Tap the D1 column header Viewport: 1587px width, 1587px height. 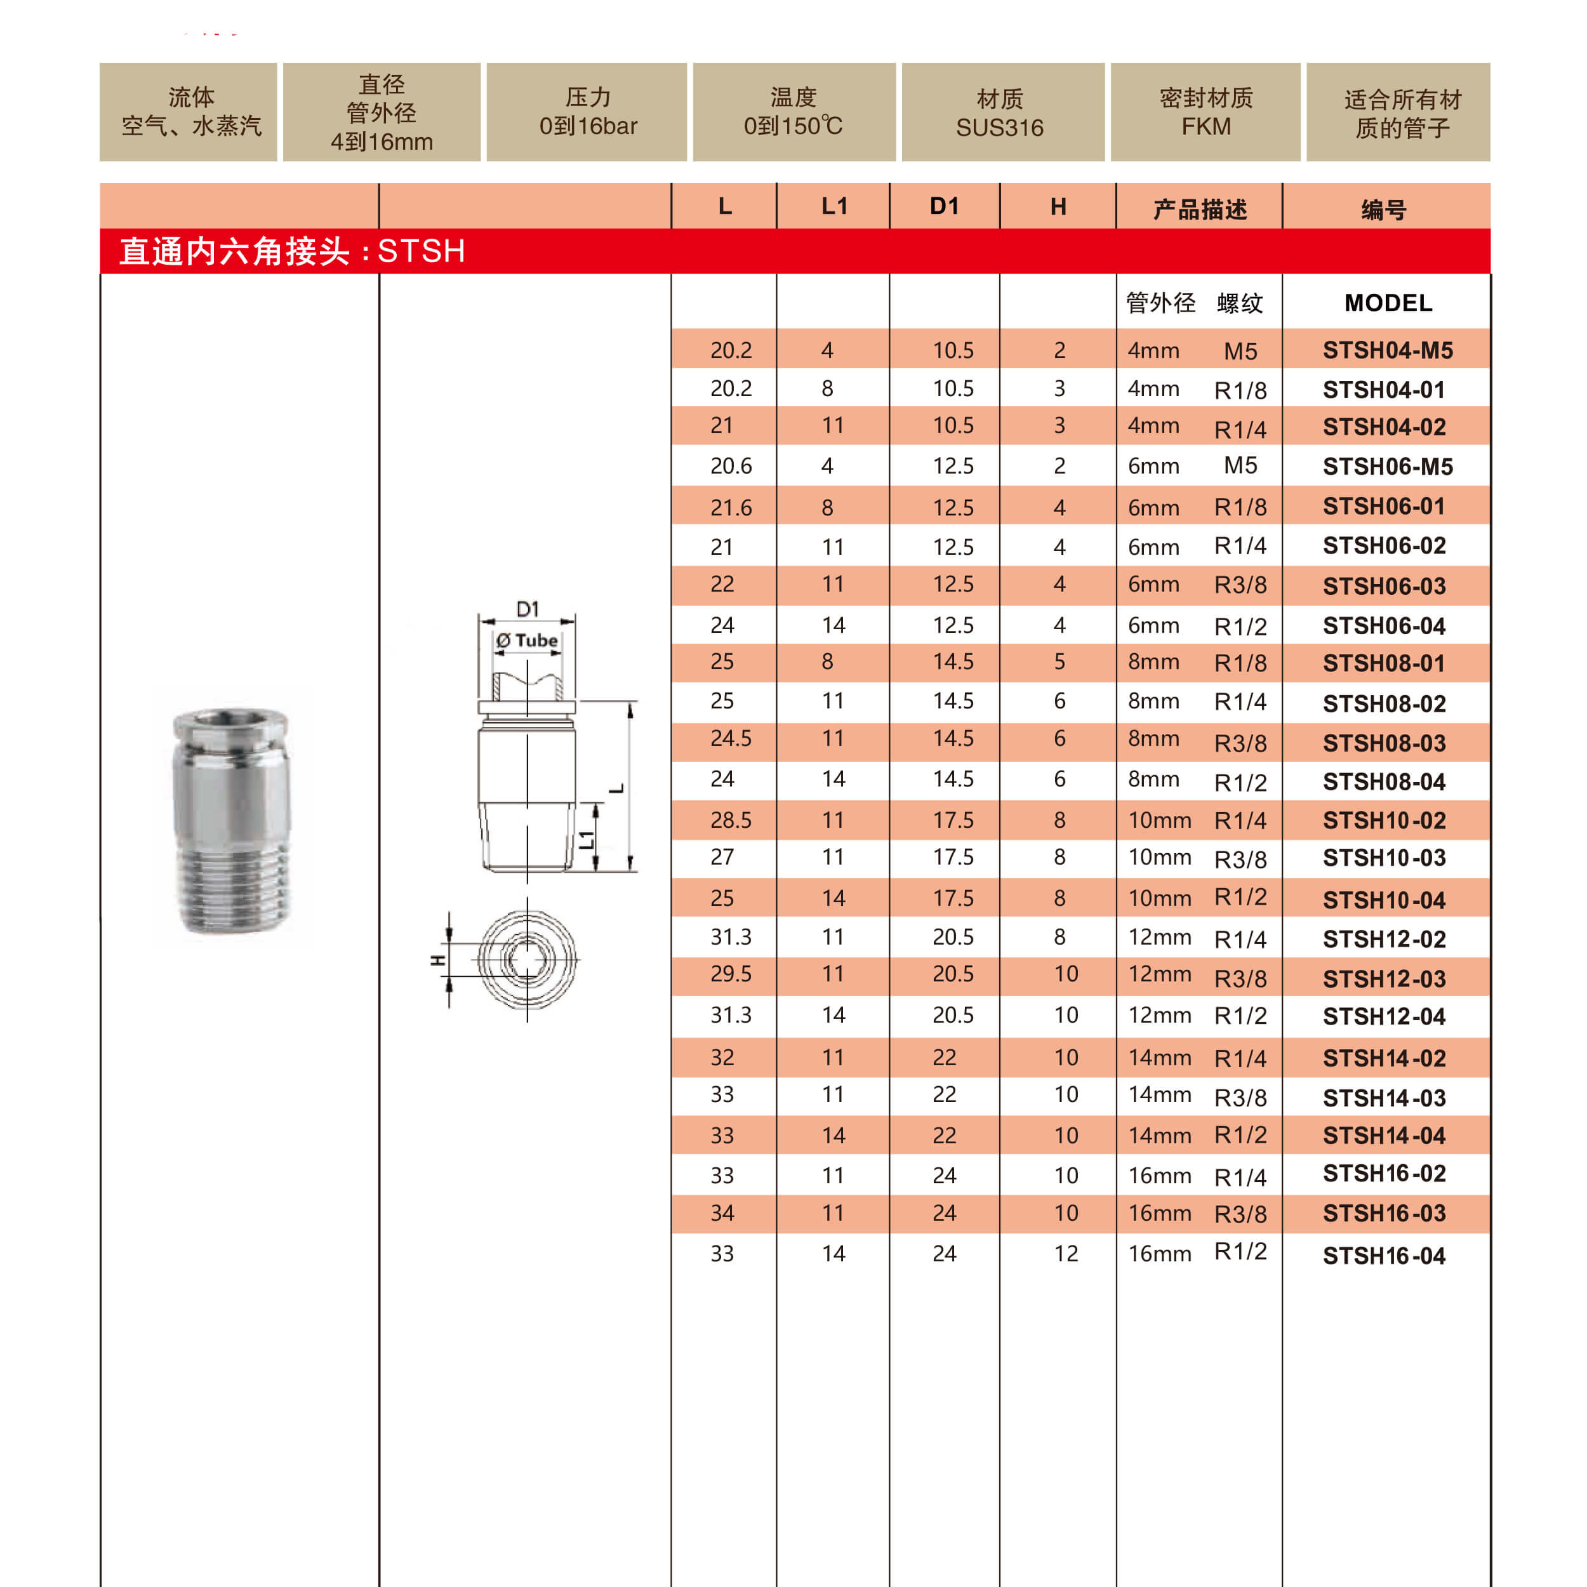coord(944,206)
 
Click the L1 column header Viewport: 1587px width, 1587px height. coord(833,206)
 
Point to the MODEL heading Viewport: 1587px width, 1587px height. coord(1388,303)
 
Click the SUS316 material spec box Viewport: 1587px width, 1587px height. coord(1000,112)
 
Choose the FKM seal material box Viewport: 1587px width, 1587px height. coord(1205,112)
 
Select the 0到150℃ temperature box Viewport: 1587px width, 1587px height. coord(793,112)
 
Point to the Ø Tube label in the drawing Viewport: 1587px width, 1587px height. coord(528,641)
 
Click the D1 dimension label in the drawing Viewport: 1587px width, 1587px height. coord(528,609)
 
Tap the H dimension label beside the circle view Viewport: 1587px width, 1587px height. coord(439,959)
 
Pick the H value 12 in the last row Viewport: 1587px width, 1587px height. coord(1065,1254)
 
